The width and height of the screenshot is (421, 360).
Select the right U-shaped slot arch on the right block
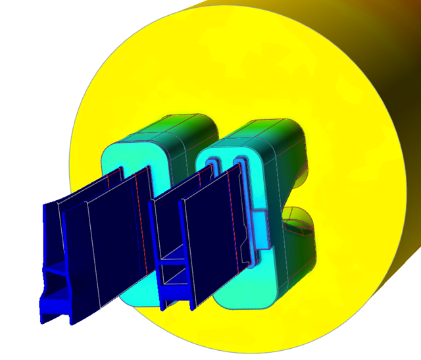click(238, 161)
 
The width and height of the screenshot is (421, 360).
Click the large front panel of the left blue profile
click(112, 244)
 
